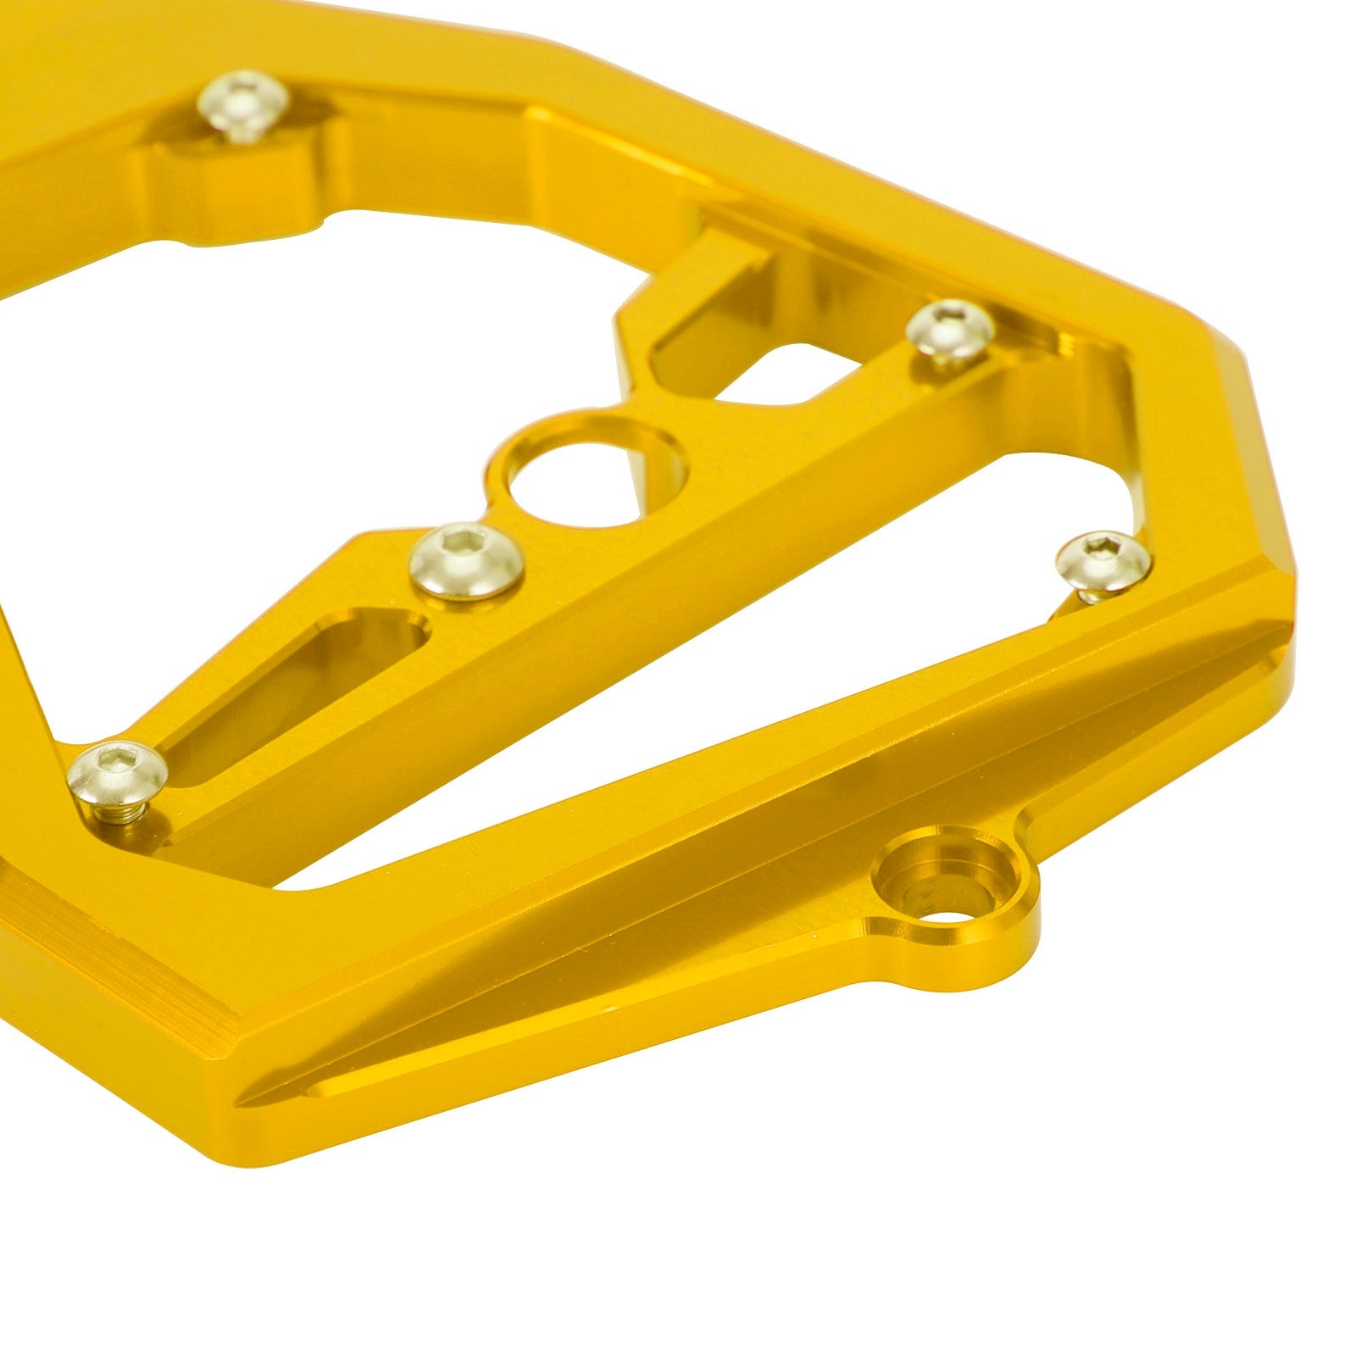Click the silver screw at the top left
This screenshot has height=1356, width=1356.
pyautogui.click(x=241, y=103)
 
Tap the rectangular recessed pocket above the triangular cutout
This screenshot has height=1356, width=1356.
pyautogui.click(x=712, y=305)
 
